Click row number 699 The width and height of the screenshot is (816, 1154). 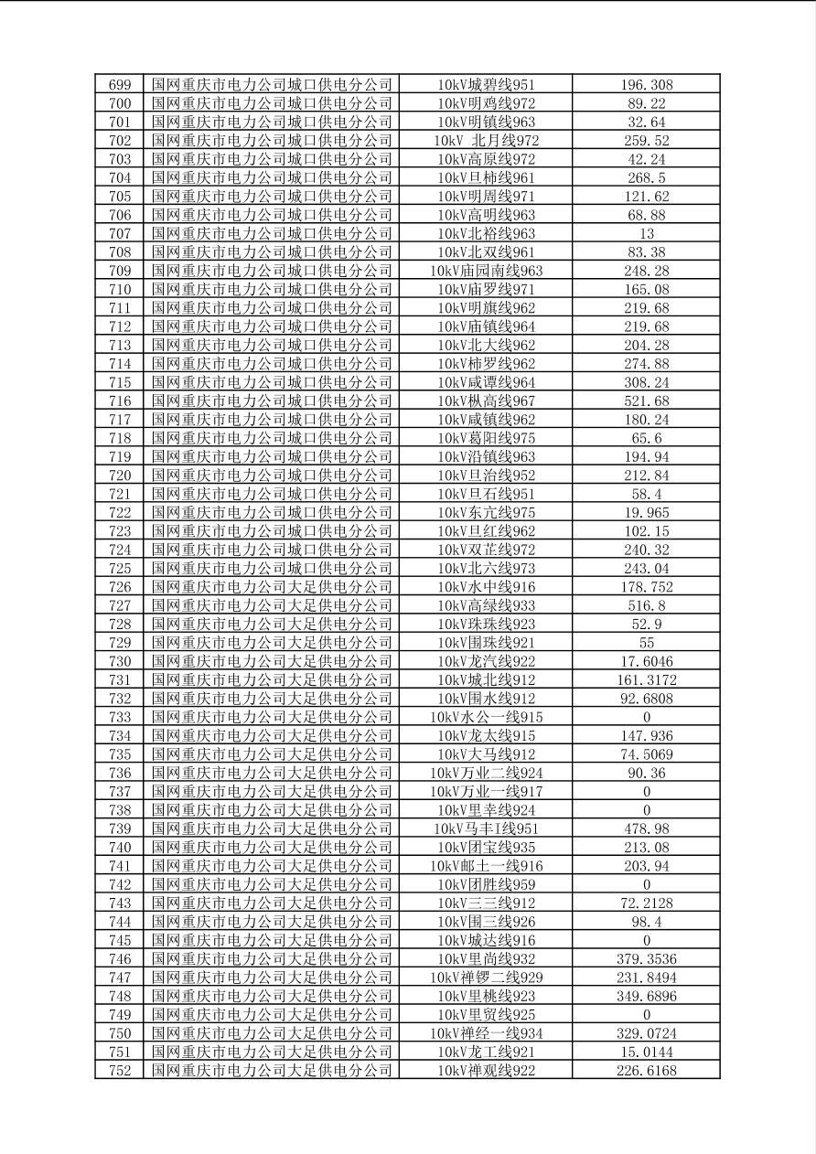pyautogui.click(x=119, y=85)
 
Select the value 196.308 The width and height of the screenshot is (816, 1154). pyautogui.click(x=646, y=85)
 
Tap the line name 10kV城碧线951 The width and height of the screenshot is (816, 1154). pyautogui.click(x=486, y=85)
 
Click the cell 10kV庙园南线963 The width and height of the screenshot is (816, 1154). pyautogui.click(x=486, y=271)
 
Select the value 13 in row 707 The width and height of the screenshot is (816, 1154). pyautogui.click(x=646, y=234)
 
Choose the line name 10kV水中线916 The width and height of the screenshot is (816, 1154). pyautogui.click(x=486, y=587)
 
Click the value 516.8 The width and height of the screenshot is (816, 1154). pyautogui.click(x=646, y=605)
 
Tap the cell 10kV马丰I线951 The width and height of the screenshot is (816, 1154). pyautogui.click(x=486, y=828)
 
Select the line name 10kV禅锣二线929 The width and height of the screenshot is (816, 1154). pyautogui.click(x=486, y=978)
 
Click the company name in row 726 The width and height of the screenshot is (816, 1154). pyautogui.click(x=272, y=587)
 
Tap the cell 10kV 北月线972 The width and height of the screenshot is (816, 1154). pyautogui.click(x=486, y=141)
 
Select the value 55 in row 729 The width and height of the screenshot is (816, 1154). pyautogui.click(x=646, y=643)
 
